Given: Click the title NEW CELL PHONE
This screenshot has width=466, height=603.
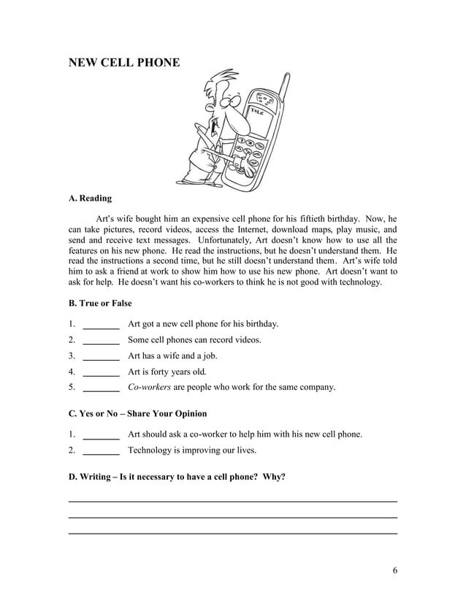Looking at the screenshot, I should click(123, 63).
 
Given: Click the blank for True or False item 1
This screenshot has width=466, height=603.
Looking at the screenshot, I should click(102, 324).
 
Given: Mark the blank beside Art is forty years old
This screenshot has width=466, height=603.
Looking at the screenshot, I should click(102, 372).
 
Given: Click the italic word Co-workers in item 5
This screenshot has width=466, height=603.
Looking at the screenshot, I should click(149, 388).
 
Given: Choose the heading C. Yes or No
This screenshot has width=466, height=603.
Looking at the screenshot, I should click(137, 414).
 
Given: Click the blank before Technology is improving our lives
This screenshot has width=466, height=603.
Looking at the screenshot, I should click(102, 451).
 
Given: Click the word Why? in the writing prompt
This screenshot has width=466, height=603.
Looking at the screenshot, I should click(274, 477).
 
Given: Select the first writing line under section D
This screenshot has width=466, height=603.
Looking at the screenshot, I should click(232, 502).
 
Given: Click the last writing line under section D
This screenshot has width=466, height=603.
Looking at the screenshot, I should click(232, 534).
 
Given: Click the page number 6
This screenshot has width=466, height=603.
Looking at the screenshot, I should click(394, 570).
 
